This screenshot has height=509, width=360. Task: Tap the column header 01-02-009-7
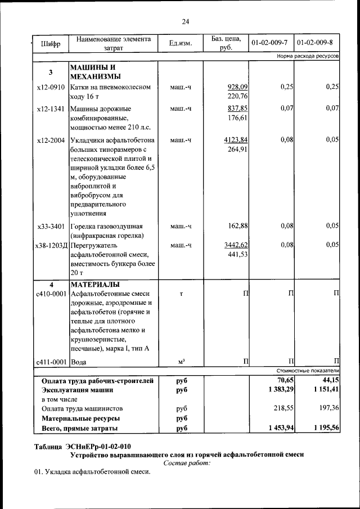tap(269, 43)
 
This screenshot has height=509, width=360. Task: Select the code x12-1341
tap(51, 109)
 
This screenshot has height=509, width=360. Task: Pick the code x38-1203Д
tap(51, 246)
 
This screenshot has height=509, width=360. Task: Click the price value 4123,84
tap(236, 140)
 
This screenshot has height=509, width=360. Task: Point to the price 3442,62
tap(236, 246)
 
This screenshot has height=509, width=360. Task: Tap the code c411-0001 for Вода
tap(51, 362)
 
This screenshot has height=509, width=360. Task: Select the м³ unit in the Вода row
tap(181, 362)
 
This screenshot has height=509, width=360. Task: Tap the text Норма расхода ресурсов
tap(307, 57)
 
